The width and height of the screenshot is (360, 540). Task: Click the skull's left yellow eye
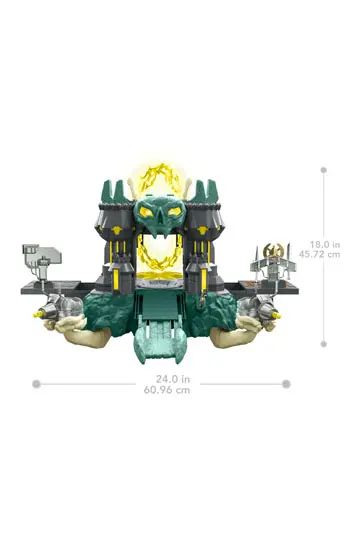coord(147,210)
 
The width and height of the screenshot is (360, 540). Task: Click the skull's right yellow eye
coord(174,210)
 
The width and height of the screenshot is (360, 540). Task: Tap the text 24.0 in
coord(173,379)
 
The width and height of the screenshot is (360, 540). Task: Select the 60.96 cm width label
coord(167,390)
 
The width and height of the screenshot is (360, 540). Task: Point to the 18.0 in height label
coord(325,245)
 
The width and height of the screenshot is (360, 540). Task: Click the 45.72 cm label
coord(319,255)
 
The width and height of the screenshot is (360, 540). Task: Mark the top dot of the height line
coord(323,170)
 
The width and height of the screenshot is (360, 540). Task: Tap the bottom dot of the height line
coord(323,344)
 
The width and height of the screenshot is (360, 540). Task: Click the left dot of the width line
coord(36,384)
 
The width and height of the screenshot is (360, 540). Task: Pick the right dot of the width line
coord(286,384)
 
